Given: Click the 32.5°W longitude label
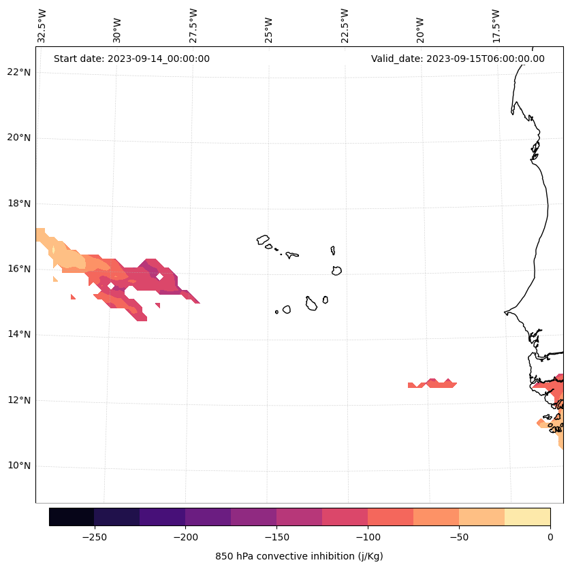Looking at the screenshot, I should [x=42, y=26].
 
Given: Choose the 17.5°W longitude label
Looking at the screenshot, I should [x=496, y=26].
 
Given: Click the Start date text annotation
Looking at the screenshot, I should [x=131, y=59].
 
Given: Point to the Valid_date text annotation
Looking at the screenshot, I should [x=458, y=59].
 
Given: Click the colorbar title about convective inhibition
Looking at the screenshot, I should [x=299, y=556].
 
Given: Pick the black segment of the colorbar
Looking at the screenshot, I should [x=72, y=517].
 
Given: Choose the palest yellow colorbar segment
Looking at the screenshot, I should [x=528, y=517].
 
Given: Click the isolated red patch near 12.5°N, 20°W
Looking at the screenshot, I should [x=433, y=384].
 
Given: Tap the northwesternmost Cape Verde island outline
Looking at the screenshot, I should [x=263, y=240].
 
